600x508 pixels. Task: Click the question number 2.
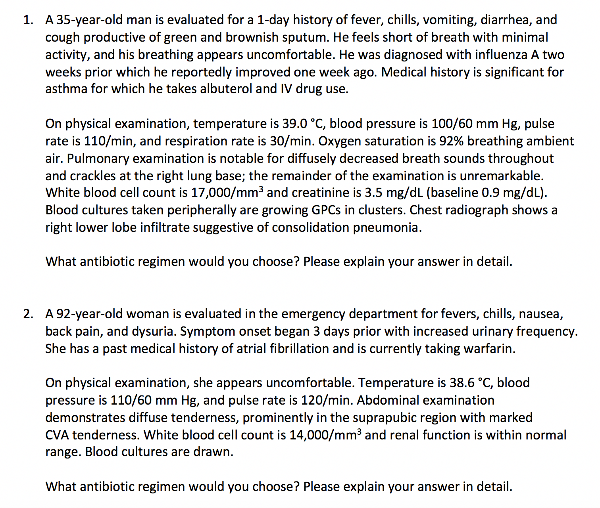tap(27, 314)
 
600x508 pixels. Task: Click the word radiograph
tap(479, 210)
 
